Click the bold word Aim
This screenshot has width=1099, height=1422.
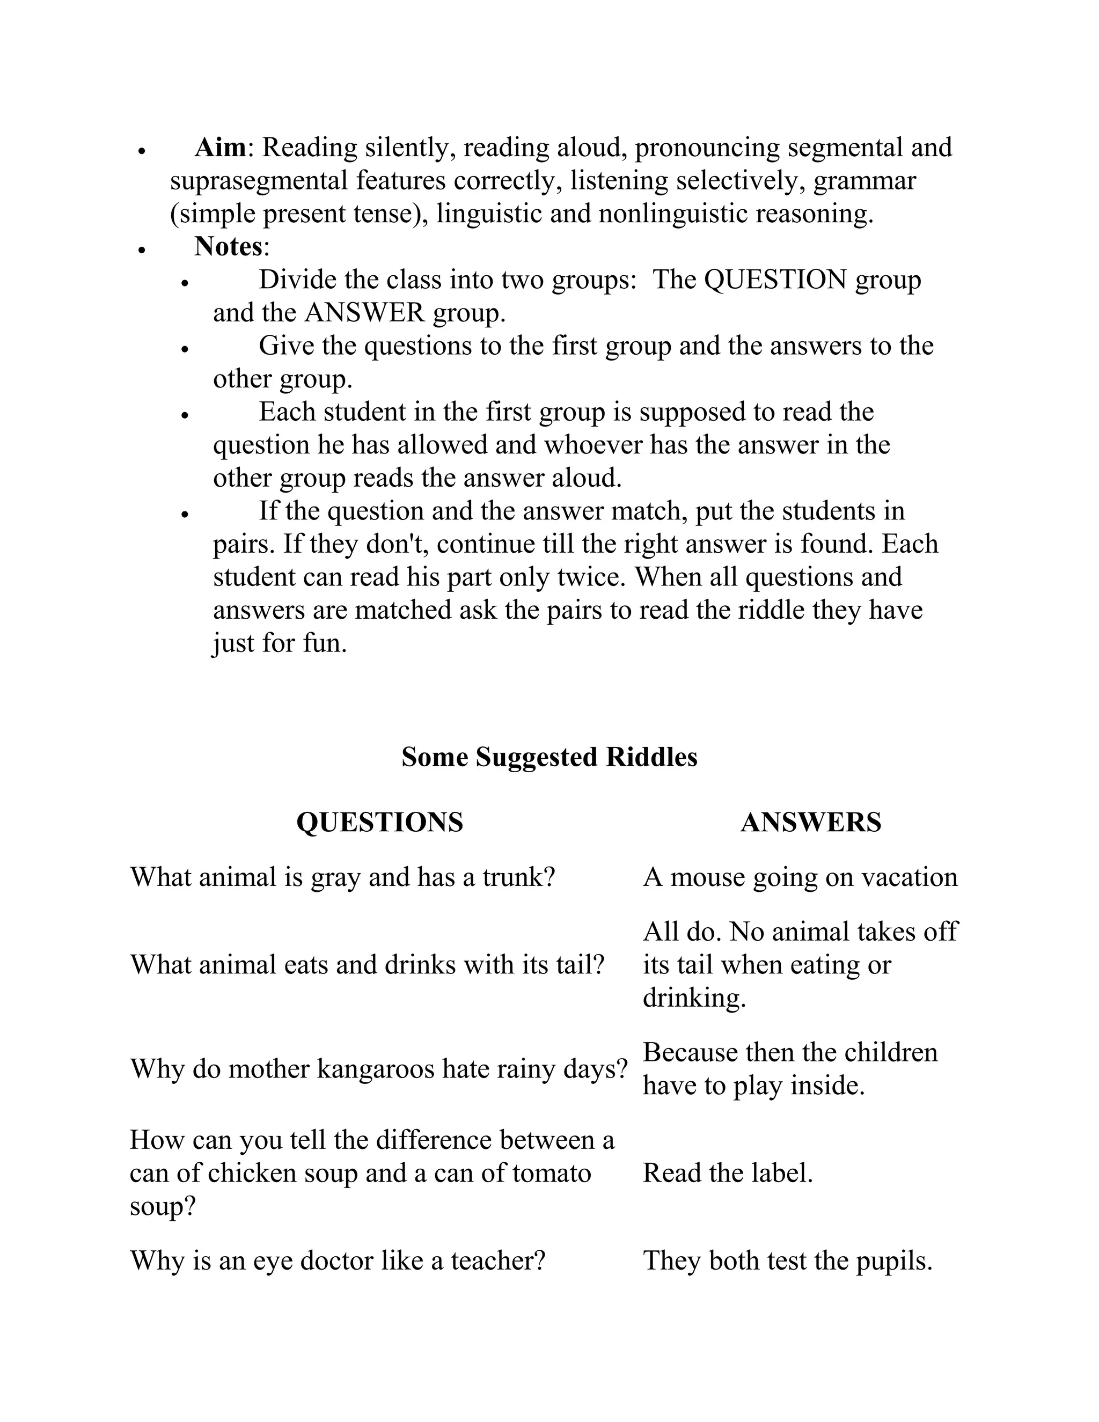(220, 148)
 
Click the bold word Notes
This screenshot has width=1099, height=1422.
(228, 247)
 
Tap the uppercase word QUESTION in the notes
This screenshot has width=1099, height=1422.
(775, 280)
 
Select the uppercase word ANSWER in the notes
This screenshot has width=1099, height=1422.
(364, 313)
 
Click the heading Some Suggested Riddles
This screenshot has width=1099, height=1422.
(549, 757)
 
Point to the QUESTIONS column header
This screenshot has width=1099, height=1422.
(379, 822)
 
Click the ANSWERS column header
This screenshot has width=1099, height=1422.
(811, 822)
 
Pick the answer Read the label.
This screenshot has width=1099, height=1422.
(728, 1173)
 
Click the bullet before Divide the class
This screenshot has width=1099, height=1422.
(185, 283)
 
